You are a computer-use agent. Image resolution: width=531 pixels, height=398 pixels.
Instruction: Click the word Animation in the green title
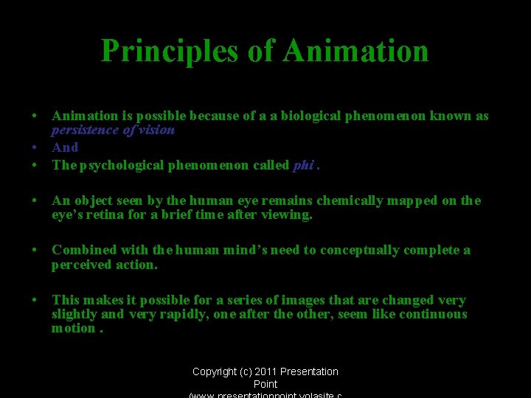point(355,51)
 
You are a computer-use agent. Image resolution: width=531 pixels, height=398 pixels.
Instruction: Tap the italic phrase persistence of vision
point(113,130)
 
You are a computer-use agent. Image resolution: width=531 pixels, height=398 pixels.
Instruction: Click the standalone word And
point(65,147)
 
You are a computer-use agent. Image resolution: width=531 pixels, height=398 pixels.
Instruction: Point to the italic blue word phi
point(303,165)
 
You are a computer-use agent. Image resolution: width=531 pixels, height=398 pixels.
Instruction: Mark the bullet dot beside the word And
point(35,147)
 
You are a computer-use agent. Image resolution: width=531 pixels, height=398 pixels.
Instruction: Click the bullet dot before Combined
point(35,251)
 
